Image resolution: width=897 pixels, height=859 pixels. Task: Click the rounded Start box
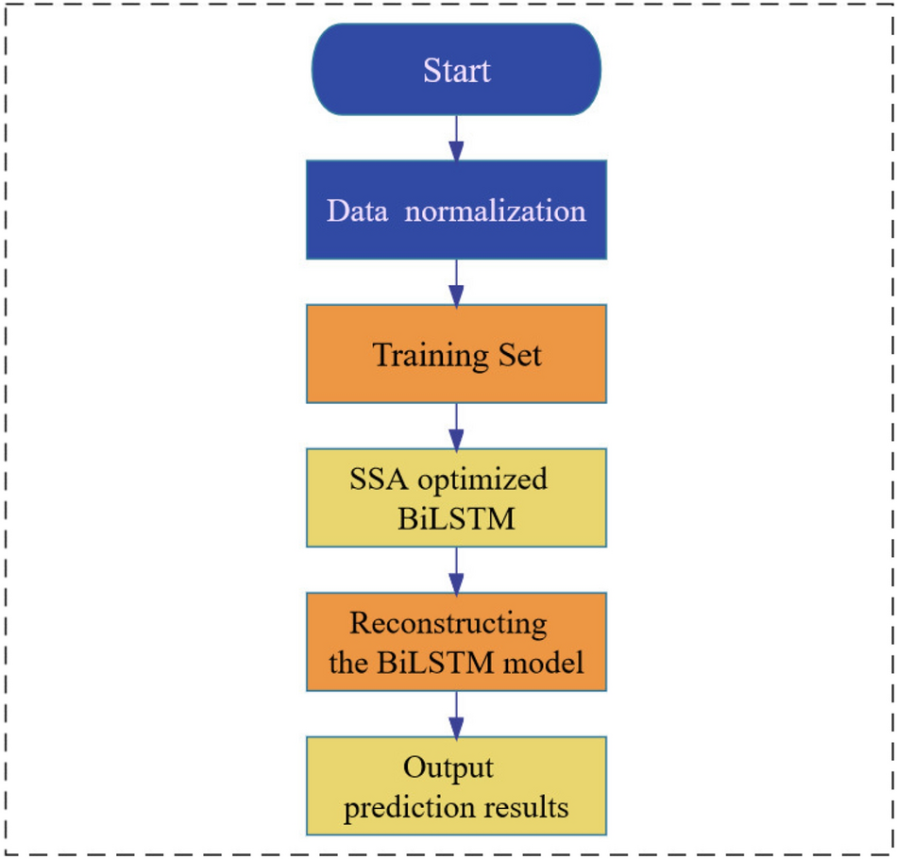(x=456, y=70)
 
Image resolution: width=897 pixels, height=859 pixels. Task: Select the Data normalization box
(x=456, y=210)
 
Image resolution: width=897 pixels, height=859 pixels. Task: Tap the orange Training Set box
(x=456, y=354)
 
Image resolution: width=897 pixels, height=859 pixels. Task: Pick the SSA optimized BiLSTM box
(x=456, y=497)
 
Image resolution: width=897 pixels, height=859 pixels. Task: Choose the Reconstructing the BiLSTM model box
(x=456, y=642)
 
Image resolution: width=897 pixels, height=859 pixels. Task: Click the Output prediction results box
(x=456, y=786)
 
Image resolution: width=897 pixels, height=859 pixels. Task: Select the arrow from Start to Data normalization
(x=456, y=138)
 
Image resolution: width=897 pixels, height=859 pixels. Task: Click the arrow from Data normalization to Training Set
(x=456, y=281)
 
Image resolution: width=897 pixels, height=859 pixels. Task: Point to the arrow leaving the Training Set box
(x=456, y=426)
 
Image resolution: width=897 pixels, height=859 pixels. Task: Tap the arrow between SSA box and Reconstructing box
(x=456, y=569)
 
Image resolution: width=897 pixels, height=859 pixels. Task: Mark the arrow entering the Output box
(x=456, y=714)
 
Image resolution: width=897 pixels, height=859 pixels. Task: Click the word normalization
(x=495, y=210)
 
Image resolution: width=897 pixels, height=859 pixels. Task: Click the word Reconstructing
(x=448, y=624)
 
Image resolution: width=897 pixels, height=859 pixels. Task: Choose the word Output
(x=448, y=767)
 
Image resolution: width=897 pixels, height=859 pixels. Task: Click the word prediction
(x=412, y=808)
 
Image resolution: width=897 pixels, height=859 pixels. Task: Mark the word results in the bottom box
(x=528, y=808)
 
